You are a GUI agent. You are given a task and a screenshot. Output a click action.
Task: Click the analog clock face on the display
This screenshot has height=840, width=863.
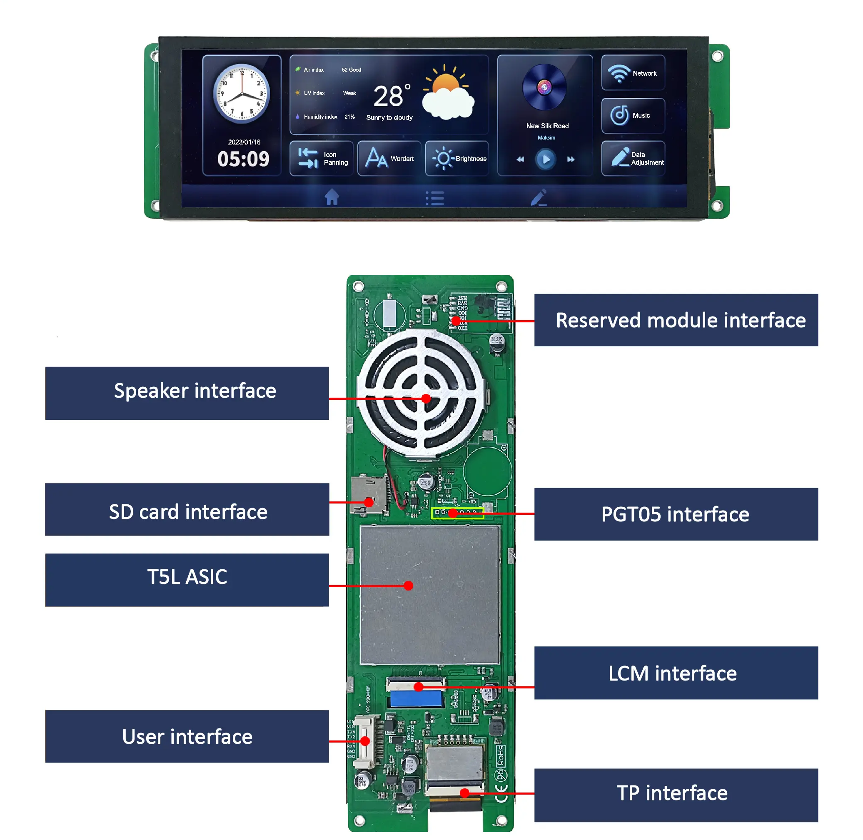241,94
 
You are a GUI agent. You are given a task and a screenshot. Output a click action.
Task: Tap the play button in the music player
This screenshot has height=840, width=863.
545,159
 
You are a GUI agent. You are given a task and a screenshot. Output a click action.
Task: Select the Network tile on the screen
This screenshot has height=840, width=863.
633,73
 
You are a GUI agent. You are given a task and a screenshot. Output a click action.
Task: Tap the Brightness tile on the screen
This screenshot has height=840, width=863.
456,158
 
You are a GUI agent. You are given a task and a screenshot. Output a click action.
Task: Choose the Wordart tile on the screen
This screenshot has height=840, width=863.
389,158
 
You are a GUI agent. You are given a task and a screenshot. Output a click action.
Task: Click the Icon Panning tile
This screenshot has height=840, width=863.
321,158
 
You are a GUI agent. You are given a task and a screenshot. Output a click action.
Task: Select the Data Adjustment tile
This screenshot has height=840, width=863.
633,158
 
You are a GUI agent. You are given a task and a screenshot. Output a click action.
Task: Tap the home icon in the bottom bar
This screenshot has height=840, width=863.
332,197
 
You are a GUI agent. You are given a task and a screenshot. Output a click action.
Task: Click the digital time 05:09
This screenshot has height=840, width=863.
243,159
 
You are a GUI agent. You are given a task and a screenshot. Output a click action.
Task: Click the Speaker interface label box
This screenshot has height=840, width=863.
187,393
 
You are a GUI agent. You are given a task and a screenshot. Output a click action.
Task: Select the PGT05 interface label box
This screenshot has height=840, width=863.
676,514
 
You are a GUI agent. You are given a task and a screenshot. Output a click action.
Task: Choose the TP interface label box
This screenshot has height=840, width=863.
676,795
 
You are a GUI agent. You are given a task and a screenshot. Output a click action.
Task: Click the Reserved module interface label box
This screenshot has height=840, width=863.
676,320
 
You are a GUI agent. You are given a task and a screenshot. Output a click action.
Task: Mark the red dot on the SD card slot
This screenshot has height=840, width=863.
369,502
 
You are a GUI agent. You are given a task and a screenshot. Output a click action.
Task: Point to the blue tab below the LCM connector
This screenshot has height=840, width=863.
416,699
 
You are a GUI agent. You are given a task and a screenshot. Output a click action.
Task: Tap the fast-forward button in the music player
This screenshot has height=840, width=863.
571,159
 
